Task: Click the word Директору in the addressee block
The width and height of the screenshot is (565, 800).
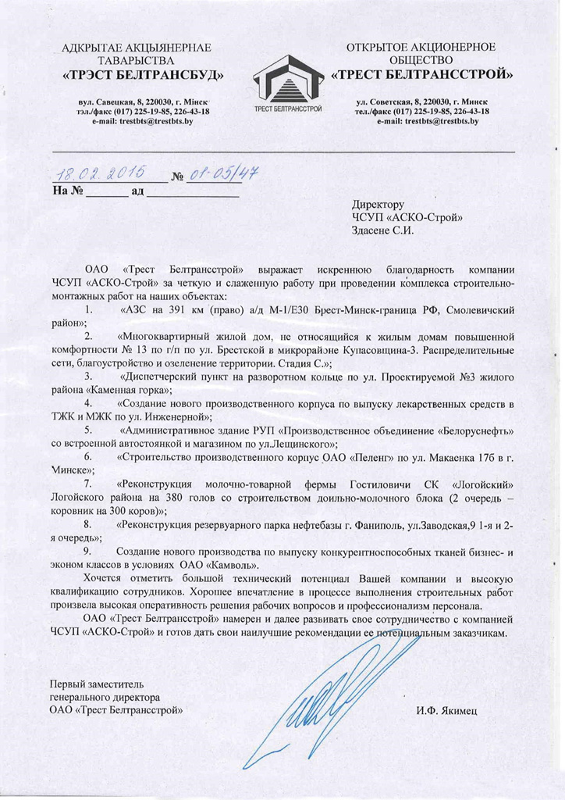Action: pyautogui.click(x=378, y=203)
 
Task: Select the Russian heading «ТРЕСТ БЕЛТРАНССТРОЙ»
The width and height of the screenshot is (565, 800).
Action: pyautogui.click(x=422, y=76)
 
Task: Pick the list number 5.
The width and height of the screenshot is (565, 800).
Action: pyautogui.click(x=88, y=430)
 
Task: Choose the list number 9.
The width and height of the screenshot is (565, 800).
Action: pyautogui.click(x=88, y=552)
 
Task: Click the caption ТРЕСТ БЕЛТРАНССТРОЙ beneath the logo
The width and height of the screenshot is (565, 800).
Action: pyautogui.click(x=283, y=108)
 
